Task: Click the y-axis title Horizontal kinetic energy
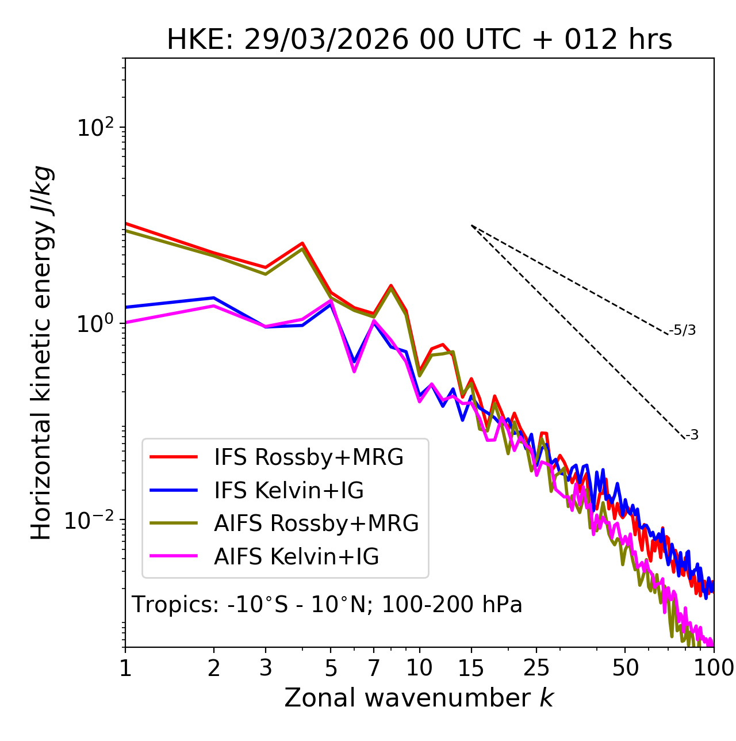[42, 353]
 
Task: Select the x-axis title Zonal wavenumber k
[419, 698]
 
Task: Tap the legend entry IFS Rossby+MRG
[308, 457]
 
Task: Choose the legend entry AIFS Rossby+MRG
[316, 524]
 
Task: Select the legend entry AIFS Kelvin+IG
[296, 557]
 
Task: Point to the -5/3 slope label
[683, 330]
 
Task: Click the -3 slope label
[692, 435]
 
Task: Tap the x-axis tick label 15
[471, 668]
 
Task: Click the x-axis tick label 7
[374, 668]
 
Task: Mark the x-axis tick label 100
[714, 668]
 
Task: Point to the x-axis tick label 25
[536, 668]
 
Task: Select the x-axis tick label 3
[266, 668]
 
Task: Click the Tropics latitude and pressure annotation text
[327, 605]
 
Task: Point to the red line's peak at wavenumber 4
[302, 243]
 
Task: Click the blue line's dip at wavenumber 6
[354, 361]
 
